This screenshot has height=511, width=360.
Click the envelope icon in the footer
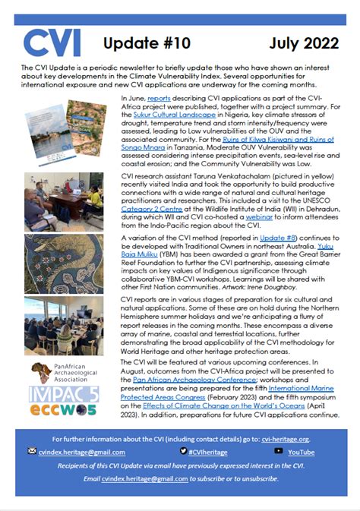point(32,451)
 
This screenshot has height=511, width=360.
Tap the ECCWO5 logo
point(52,414)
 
